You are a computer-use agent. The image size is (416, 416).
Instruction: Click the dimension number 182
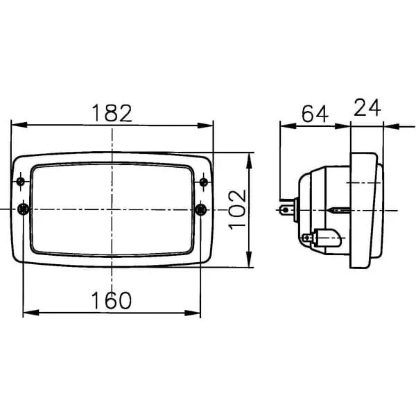pyautogui.click(x=112, y=113)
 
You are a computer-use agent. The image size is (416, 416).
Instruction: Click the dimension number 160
pyautogui.click(x=112, y=301)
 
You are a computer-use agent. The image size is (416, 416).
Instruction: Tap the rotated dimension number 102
pyautogui.click(x=237, y=209)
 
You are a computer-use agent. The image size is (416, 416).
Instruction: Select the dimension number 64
pyautogui.click(x=315, y=114)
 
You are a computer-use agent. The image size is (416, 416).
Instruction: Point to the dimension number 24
pyautogui.click(x=367, y=107)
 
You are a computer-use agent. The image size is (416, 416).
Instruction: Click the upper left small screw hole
pyautogui.click(x=20, y=182)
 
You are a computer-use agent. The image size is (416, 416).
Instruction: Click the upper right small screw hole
pyautogui.click(x=204, y=182)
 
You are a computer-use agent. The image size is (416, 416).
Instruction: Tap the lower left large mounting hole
pyautogui.click(x=24, y=209)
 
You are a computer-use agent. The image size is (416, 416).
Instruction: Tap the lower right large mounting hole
pyautogui.click(x=200, y=210)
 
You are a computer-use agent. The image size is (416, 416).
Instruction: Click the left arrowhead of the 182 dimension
pyautogui.click(x=19, y=125)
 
